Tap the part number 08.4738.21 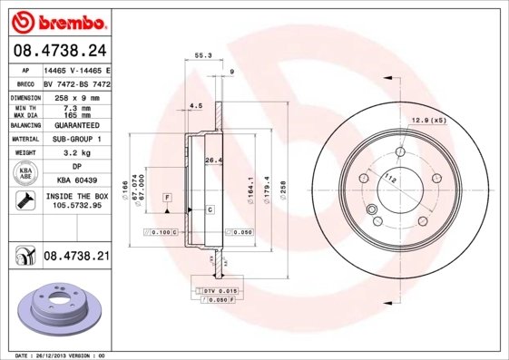coord(76,258)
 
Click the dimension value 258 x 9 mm coord(77,95)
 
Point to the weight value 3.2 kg coord(77,154)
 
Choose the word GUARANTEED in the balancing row coord(77,125)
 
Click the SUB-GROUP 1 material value coord(77,140)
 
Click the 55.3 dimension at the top coord(203,55)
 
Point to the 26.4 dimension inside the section coord(215,161)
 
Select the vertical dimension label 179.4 coord(266,190)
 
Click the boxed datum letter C coord(210,210)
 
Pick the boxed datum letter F coord(168,197)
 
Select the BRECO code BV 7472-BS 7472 coord(77,82)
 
